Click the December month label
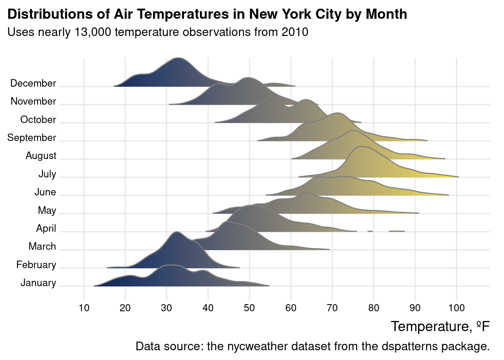(33, 83)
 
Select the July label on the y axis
(47, 174)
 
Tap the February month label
(36, 265)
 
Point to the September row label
(31, 138)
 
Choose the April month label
(46, 228)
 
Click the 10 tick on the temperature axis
(84, 308)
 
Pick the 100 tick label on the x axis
(456, 308)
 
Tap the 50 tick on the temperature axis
(249, 308)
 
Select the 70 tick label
(332, 308)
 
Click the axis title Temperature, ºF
(440, 327)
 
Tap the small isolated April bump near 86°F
(397, 231)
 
